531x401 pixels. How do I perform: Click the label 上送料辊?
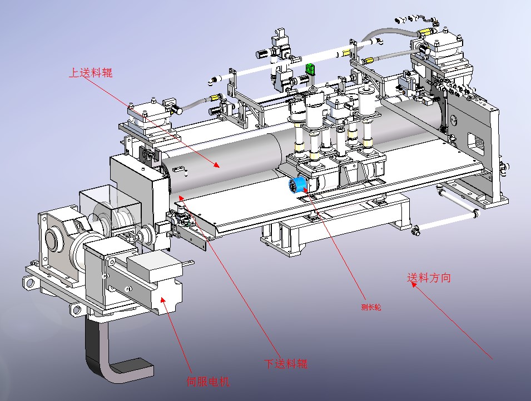pos(90,72)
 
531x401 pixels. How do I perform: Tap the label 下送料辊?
pos(285,364)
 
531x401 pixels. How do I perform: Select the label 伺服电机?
pos(207,382)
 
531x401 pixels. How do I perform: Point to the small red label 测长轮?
pos(371,306)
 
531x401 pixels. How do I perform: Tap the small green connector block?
pos(310,69)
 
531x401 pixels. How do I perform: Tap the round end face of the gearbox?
pos(53,240)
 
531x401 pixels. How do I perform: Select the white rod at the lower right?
pos(445,222)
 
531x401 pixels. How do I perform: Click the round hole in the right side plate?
pos(454,118)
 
